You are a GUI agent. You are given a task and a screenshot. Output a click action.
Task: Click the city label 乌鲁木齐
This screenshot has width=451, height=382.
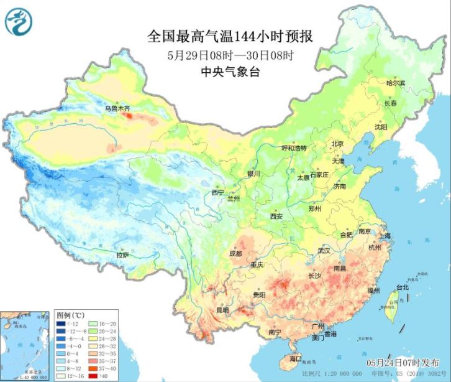117,108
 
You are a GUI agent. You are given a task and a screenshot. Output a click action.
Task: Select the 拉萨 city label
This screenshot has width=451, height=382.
123,255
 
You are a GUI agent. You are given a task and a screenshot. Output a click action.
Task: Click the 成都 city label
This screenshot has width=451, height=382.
235,254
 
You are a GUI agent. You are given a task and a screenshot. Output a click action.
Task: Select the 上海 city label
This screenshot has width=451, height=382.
385,236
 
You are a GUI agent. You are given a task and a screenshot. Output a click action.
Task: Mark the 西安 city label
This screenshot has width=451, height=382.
276,217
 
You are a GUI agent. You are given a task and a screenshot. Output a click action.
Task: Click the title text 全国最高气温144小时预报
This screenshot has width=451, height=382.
230,37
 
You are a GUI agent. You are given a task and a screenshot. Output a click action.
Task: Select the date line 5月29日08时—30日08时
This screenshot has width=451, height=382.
230,55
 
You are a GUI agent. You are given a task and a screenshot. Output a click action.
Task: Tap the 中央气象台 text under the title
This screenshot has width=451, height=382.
230,72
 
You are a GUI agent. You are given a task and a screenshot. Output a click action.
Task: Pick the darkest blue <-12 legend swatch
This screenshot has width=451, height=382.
63,324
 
